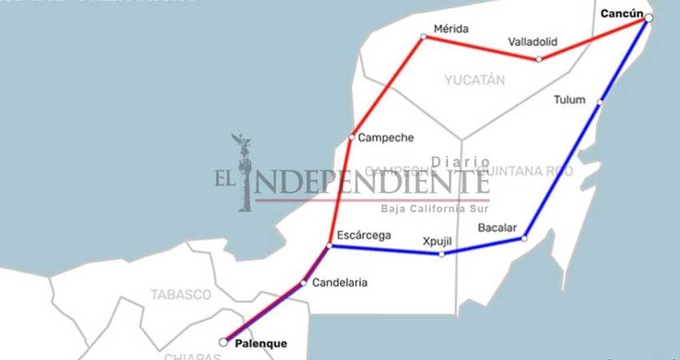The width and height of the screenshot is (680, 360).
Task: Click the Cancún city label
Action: click(x=621, y=14)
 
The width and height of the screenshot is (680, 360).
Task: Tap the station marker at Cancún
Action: click(x=649, y=18)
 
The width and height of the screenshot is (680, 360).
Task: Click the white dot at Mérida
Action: click(x=424, y=37)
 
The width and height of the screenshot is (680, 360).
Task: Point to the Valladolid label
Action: click(x=532, y=42)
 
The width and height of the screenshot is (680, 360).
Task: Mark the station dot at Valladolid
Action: click(x=538, y=58)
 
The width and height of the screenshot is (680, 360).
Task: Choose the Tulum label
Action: click(x=570, y=100)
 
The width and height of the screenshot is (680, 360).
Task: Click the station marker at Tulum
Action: click(x=599, y=102)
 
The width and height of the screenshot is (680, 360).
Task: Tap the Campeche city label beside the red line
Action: click(x=386, y=138)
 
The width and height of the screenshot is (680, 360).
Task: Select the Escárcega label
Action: click(x=364, y=235)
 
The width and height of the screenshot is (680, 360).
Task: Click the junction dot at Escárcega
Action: click(x=330, y=246)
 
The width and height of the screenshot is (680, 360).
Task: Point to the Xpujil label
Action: click(x=439, y=240)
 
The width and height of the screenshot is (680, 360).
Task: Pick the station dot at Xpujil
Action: click(x=441, y=254)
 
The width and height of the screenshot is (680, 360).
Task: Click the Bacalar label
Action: click(x=498, y=228)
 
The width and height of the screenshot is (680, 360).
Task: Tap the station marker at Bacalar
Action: click(x=524, y=238)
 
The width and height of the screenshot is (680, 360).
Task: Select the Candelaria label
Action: click(x=340, y=282)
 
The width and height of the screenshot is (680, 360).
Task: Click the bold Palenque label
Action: click(x=261, y=344)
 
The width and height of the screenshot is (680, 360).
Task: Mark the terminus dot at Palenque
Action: click(x=223, y=342)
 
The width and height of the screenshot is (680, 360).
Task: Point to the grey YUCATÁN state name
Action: click(x=475, y=80)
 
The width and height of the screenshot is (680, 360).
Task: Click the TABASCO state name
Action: click(x=181, y=294)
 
